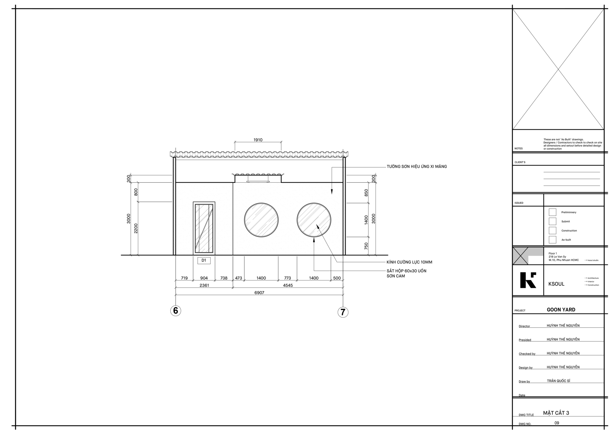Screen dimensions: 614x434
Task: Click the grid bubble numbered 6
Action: (176, 311)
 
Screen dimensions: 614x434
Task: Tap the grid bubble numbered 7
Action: (343, 312)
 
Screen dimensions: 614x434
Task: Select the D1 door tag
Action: (204, 261)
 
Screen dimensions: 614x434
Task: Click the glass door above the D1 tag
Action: (204, 228)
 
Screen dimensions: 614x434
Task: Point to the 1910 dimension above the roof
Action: (258, 140)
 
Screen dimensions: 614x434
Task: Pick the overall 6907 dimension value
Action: (259, 293)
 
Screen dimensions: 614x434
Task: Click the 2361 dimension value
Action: (204, 285)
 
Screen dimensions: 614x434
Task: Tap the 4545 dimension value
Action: (288, 285)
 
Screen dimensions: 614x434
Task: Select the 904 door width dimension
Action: (204, 278)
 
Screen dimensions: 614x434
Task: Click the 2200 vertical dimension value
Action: (136, 228)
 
